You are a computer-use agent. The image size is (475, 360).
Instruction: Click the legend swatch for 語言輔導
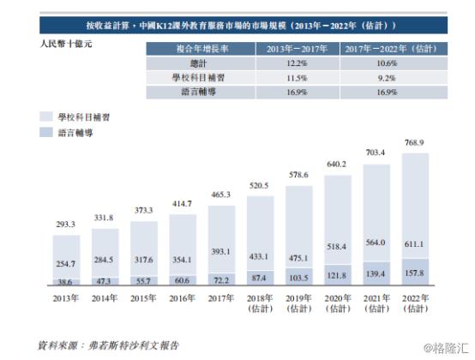(x=46, y=132)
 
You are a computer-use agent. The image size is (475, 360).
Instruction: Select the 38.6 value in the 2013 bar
(x=66, y=280)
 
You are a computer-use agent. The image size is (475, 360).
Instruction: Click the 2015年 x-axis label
(x=144, y=297)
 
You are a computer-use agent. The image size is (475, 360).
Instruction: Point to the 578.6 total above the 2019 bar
(x=299, y=175)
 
